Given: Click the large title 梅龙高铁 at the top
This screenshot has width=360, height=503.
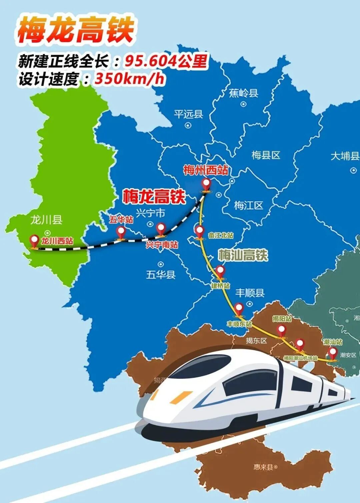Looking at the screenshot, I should tap(75, 30).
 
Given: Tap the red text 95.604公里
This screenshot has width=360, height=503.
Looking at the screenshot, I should tap(166, 61).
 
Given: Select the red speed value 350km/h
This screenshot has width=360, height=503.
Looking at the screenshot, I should tap(130, 79).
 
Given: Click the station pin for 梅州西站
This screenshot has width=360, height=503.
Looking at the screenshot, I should tap(206, 184).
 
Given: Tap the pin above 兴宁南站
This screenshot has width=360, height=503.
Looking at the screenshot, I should tap(161, 229).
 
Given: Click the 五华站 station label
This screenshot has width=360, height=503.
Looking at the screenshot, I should tap(121, 219).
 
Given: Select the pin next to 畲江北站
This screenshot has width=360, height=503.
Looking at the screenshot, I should tap(199, 231).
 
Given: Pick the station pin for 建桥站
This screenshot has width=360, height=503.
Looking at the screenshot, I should tap(220, 271).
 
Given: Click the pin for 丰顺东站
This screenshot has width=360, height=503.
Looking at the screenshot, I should tap(239, 309).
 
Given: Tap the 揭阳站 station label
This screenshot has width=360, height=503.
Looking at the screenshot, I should tap(282, 319).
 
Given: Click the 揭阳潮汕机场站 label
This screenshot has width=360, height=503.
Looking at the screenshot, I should tap(300, 358).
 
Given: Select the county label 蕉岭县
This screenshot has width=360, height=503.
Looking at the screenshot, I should tap(244, 93).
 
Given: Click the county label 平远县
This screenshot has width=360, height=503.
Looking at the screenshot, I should tap(188, 114).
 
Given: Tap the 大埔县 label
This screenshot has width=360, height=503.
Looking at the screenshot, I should tap(345, 156).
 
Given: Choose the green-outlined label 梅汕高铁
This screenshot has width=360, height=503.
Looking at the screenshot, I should tap(243, 255).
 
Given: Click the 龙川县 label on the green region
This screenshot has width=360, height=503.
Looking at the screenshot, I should tap(46, 220).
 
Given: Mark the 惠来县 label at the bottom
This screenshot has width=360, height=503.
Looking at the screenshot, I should tap(263, 467).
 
